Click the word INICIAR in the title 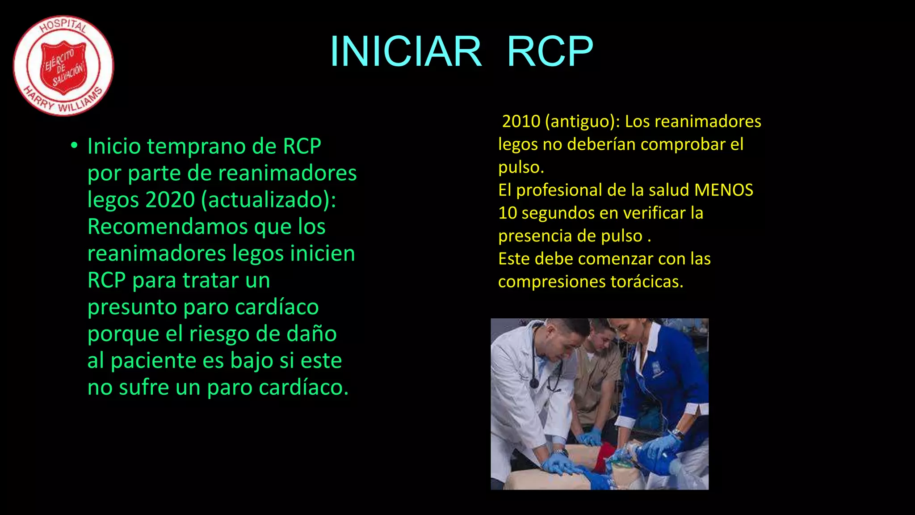pyautogui.click(x=406, y=51)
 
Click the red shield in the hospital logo pyautogui.click(x=63, y=67)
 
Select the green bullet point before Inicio pyautogui.click(x=74, y=146)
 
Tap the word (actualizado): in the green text pyautogui.click(x=268, y=199)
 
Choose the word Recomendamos pyautogui.click(x=168, y=226)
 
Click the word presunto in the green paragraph pyautogui.click(x=132, y=307)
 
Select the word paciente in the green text pyautogui.click(x=153, y=360)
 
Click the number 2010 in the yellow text pyautogui.click(x=521, y=121)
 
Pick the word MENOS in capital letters pyautogui.click(x=724, y=190)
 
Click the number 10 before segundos pyautogui.click(x=508, y=213)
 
